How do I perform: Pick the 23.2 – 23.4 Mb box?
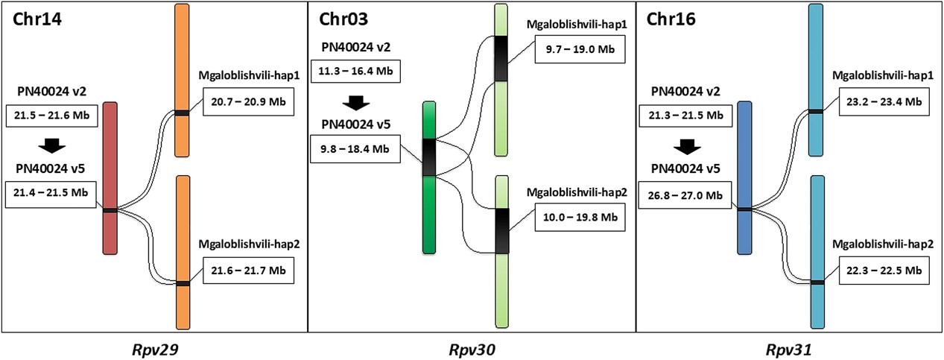point(883,101)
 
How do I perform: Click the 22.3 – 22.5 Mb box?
point(883,271)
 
